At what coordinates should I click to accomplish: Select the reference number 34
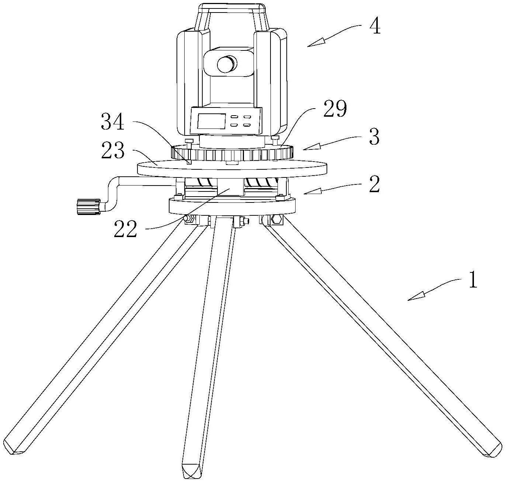click(x=112, y=121)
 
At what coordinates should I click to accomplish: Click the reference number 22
click(x=125, y=228)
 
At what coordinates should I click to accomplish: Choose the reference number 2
click(x=374, y=184)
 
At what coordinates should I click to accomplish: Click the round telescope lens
click(x=227, y=64)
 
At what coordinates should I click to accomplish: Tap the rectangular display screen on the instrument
click(x=212, y=121)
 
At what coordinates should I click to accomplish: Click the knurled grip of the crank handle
click(x=89, y=207)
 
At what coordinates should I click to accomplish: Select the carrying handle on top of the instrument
click(x=232, y=15)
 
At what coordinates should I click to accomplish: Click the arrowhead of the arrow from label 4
click(x=316, y=43)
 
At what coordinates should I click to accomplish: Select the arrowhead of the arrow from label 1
click(x=416, y=296)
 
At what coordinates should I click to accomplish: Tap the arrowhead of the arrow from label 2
click(x=313, y=192)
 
